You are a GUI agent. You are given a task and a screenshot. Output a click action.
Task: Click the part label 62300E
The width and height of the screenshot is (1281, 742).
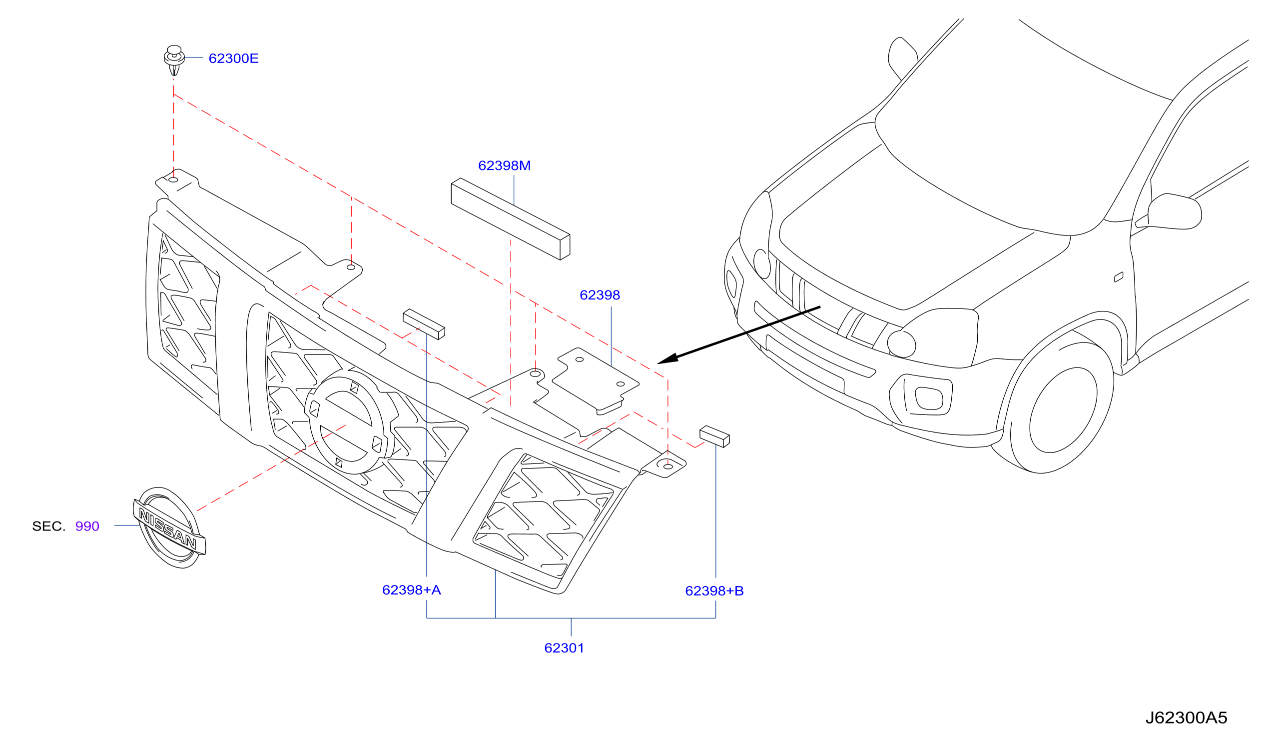tap(233, 58)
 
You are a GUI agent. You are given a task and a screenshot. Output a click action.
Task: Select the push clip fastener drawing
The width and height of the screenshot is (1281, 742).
tap(174, 60)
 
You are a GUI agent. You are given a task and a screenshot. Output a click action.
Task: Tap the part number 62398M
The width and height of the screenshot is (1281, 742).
tap(504, 166)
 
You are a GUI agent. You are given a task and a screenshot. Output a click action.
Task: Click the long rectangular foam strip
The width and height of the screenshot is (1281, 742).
tap(511, 219)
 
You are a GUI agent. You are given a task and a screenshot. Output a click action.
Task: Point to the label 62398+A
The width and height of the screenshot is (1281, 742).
tap(411, 590)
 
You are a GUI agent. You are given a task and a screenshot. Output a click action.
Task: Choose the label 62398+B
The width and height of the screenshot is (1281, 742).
tap(714, 591)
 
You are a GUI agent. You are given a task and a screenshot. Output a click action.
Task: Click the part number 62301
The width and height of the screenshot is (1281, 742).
tap(564, 648)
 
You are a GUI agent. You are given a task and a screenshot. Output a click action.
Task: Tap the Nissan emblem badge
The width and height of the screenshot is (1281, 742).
tap(169, 527)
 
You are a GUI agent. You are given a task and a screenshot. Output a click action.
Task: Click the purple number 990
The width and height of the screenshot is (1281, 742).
tap(87, 526)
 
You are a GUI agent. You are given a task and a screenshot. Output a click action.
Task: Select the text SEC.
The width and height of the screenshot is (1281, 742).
tap(49, 526)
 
